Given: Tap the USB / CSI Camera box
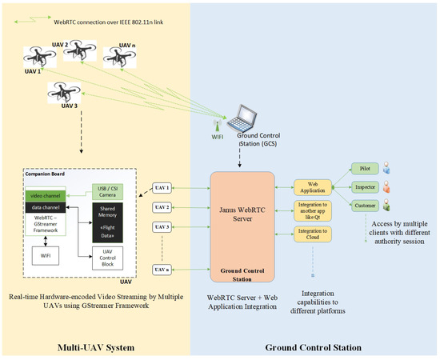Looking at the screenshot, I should [x=106, y=192].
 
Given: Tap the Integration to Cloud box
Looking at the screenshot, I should [x=313, y=234].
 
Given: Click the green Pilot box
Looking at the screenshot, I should [x=366, y=170].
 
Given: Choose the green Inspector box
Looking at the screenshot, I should [x=366, y=188].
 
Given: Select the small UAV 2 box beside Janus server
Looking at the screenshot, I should [x=162, y=208].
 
